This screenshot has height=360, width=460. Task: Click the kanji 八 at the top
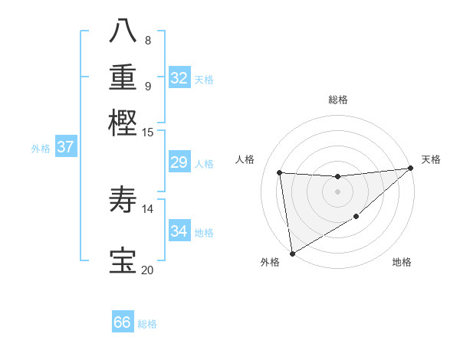pyautogui.click(x=123, y=31)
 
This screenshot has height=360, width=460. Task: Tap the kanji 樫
pyautogui.click(x=123, y=122)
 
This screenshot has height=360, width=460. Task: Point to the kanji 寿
pyautogui.click(x=123, y=201)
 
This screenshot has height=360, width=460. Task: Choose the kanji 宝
pyautogui.click(x=123, y=260)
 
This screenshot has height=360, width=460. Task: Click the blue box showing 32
pyautogui.click(x=179, y=78)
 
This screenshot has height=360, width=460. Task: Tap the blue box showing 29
pyautogui.click(x=179, y=162)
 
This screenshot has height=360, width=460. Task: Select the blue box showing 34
pyautogui.click(x=179, y=231)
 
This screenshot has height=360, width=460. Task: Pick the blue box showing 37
pyautogui.click(x=65, y=148)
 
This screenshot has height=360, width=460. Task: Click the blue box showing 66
pyautogui.click(x=123, y=322)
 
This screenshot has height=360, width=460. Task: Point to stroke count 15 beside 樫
pyautogui.click(x=148, y=132)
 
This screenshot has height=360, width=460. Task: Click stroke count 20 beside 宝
pyautogui.click(x=147, y=270)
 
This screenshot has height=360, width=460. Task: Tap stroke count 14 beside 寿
pyautogui.click(x=148, y=208)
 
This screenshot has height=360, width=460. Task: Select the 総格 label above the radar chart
pyautogui.click(x=337, y=100)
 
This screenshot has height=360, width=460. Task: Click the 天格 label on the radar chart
pyautogui.click(x=431, y=159)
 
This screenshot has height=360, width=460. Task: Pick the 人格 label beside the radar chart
pyautogui.click(x=245, y=159)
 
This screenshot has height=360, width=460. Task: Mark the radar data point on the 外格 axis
pyautogui.click(x=291, y=254)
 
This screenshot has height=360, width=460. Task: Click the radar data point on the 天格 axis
pyautogui.click(x=411, y=169)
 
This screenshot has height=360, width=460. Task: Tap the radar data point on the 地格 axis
pyautogui.click(x=356, y=218)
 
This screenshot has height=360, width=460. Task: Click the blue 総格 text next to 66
pyautogui.click(x=147, y=324)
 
